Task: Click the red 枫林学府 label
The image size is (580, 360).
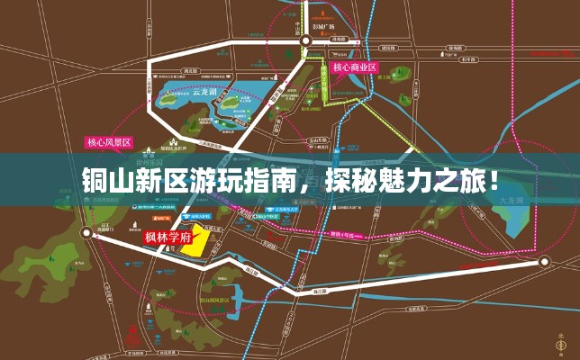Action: [x=168, y=238]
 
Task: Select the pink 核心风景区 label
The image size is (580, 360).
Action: [x=109, y=142]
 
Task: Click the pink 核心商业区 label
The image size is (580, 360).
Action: [x=354, y=67]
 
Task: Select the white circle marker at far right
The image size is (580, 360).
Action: [x=544, y=262]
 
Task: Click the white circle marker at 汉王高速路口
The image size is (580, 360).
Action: [x=86, y=232]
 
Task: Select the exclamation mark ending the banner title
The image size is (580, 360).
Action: [x=495, y=179]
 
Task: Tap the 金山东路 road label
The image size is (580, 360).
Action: [x=318, y=141]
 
